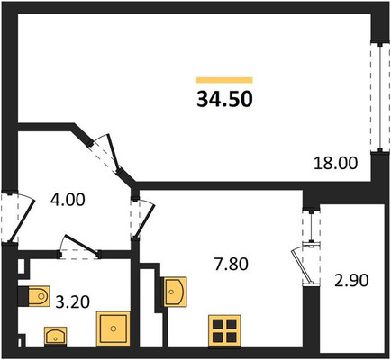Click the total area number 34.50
point(224,99)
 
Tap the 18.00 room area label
point(336,164)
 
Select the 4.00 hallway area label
point(68,200)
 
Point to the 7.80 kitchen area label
point(232,265)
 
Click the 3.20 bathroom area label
point(73,301)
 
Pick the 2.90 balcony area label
point(351,281)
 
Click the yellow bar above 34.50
point(224,80)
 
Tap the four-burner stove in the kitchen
point(224,331)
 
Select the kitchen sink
point(175,292)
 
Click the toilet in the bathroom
point(34,296)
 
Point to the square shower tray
point(113,328)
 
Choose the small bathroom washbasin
point(56,336)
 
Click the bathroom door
point(79,247)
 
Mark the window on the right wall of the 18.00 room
point(379,97)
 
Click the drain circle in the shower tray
point(114,328)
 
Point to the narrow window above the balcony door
point(312,227)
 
